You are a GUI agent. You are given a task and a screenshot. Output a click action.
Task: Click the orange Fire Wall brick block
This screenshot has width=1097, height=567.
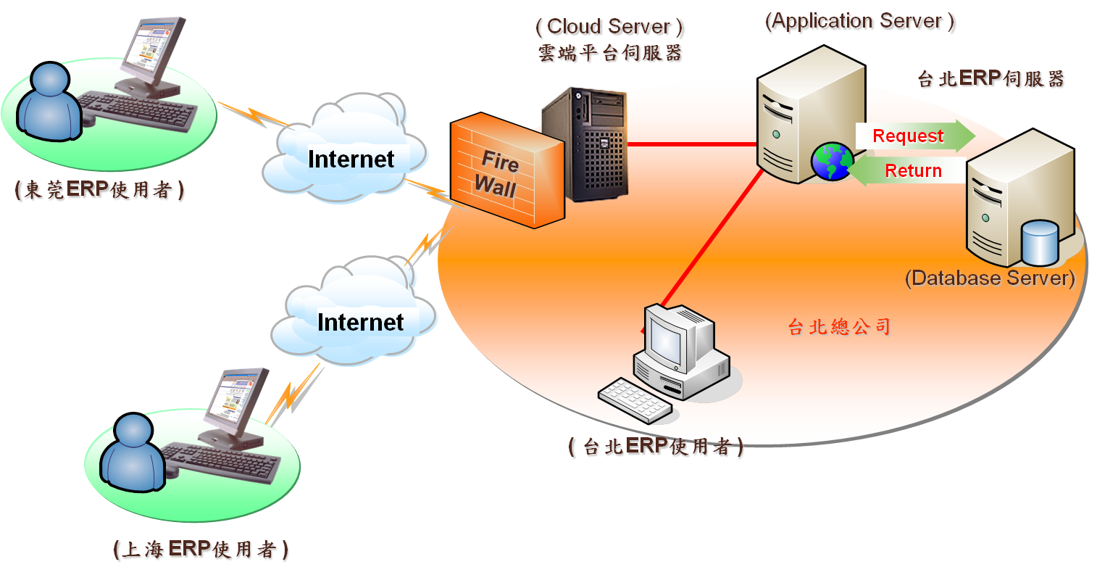click(x=506, y=174)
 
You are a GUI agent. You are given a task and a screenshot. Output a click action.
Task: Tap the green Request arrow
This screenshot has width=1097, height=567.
click(x=915, y=136)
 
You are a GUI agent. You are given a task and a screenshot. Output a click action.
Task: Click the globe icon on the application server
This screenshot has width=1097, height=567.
click(x=832, y=162)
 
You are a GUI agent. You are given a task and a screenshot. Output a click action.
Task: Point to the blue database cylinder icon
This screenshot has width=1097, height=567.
click(x=1038, y=244)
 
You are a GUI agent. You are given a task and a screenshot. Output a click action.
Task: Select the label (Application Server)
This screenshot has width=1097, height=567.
click(x=861, y=21)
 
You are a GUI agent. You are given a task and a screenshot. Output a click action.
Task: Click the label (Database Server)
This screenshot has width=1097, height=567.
click(x=990, y=278)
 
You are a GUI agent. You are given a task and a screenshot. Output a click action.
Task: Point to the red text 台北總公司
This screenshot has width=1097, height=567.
click(x=838, y=327)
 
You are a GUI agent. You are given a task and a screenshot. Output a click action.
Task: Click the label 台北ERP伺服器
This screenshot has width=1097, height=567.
click(x=991, y=79)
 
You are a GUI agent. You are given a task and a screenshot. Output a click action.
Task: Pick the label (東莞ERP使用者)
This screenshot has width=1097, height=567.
click(x=100, y=190)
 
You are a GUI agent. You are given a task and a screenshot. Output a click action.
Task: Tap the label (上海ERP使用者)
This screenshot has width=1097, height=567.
click(x=201, y=549)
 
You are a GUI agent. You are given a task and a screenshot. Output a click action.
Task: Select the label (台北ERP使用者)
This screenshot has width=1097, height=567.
click(x=656, y=447)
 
